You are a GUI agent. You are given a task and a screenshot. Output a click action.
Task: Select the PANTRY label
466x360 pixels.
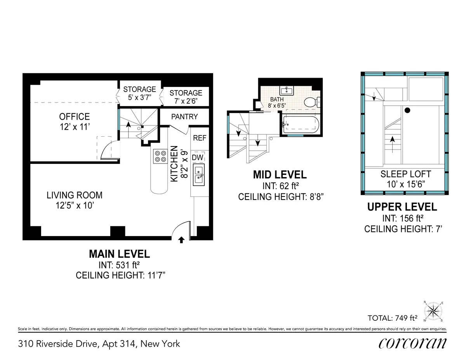184,117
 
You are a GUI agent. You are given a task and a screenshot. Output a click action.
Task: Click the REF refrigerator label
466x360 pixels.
200,138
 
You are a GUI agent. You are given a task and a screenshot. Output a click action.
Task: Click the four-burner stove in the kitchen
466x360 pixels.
159,155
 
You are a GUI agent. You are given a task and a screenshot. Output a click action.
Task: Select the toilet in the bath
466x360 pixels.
311,102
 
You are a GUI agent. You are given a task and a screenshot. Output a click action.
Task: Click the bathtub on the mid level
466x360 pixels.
301,124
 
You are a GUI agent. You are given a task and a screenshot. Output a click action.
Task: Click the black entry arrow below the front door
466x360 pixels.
181,240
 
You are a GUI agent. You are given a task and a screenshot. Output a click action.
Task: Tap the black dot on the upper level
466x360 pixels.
407,111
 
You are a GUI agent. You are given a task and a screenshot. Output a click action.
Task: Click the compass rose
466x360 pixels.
434,312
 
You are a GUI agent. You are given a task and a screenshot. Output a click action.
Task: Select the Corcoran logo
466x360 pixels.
412,343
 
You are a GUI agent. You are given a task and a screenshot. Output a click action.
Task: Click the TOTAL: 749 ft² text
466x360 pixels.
392,318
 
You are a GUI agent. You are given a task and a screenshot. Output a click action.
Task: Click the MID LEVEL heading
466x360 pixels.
280,175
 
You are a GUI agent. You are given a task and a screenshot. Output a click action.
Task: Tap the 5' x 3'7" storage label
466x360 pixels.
139,93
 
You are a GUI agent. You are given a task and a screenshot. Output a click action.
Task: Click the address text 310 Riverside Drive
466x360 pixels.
99,344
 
